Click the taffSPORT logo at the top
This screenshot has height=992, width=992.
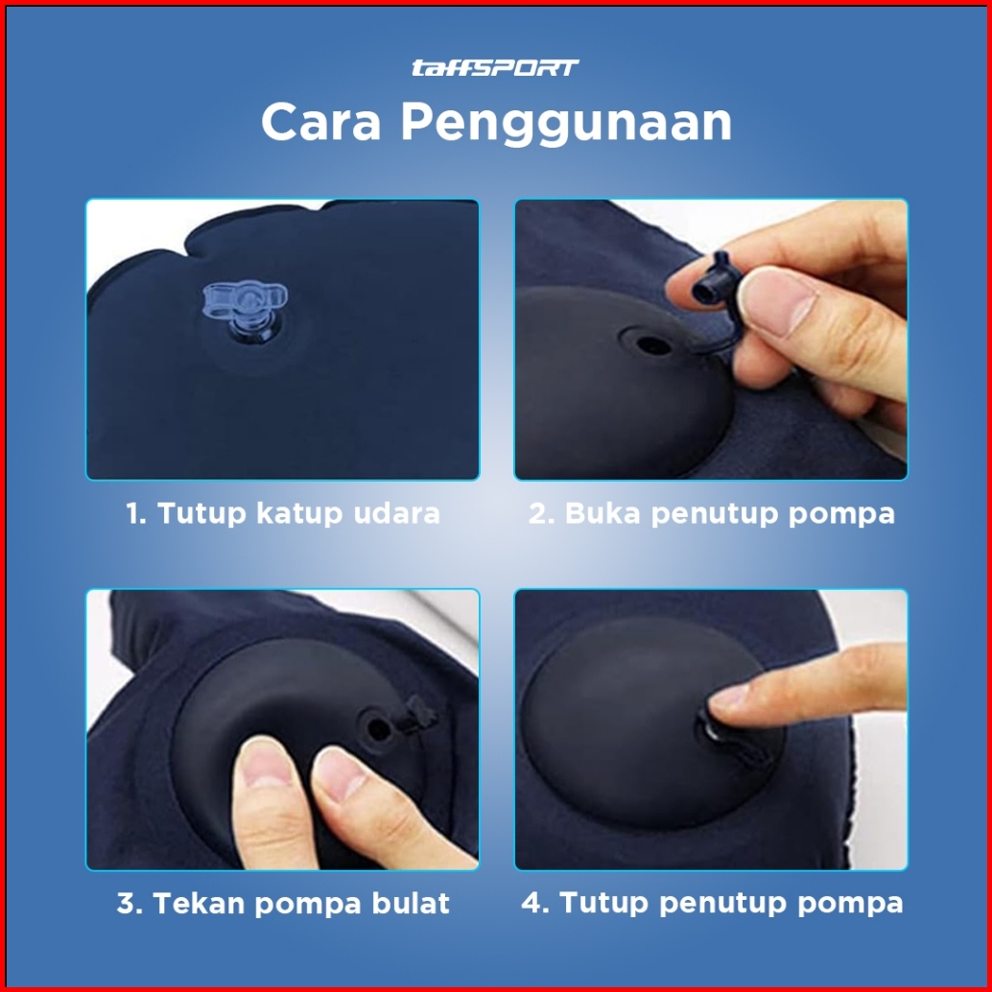click(495, 68)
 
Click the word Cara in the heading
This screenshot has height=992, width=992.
click(320, 122)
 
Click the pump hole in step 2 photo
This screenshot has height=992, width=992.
click(647, 344)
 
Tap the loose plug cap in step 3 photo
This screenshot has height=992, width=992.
click(418, 715)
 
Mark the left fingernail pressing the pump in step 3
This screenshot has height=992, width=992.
click(266, 762)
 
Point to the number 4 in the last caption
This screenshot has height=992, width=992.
click(531, 903)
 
